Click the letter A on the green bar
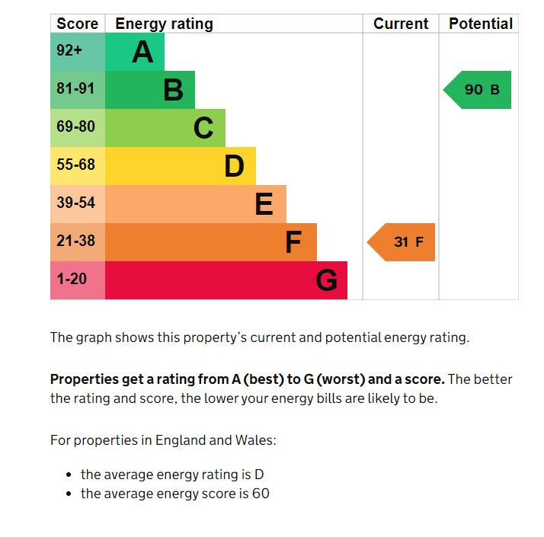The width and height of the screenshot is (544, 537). [x=142, y=53]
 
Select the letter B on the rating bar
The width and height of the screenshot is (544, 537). [x=173, y=91]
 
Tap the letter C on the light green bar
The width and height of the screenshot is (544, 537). [x=203, y=128]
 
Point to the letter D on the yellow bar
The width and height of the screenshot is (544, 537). [x=234, y=166]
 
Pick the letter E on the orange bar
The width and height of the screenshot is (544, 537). [x=264, y=204]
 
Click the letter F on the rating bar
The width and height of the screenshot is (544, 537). [x=293, y=242]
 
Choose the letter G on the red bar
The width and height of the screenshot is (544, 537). [x=326, y=281]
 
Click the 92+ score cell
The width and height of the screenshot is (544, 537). [x=69, y=51]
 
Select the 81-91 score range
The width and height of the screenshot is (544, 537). [x=75, y=89]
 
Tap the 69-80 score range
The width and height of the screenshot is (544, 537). [x=75, y=127]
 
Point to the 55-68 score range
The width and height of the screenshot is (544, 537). [x=75, y=165]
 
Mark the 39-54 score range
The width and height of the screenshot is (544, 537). [x=75, y=203]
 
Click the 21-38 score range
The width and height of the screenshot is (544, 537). [x=75, y=241]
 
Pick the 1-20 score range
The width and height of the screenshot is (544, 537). [x=72, y=280]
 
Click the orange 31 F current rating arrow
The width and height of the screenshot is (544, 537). [x=404, y=242]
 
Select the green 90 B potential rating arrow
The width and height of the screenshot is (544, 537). [x=479, y=90]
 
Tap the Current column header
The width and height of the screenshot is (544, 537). [x=401, y=24]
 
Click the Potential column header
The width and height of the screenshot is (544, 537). [x=481, y=24]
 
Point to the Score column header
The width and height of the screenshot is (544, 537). [x=78, y=24]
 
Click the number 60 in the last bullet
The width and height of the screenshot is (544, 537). [x=261, y=494]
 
